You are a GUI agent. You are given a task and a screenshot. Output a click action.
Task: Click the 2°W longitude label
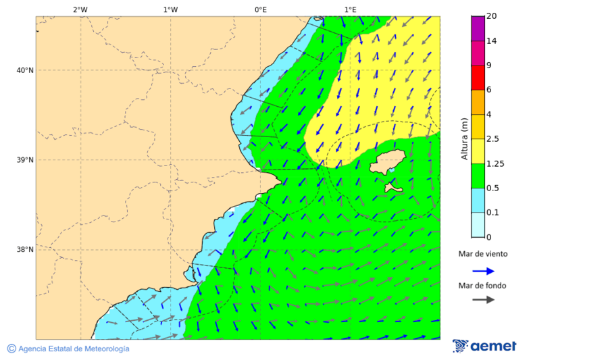click(80, 9)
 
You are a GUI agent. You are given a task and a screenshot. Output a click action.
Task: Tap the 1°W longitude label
click(170, 9)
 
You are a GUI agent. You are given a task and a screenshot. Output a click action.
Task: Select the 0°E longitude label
click(260, 9)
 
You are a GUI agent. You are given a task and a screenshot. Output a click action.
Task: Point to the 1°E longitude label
click(350, 9)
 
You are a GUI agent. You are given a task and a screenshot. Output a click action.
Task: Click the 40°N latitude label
click(24, 70)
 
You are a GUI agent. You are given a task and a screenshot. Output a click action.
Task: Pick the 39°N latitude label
click(24, 160)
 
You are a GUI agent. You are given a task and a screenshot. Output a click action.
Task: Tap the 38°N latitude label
click(24, 250)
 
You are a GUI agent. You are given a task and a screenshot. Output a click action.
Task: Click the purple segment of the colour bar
click(478, 28)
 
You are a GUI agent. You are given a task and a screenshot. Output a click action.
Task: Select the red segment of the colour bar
click(478, 77)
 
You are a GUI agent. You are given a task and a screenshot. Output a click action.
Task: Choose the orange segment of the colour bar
click(478, 102)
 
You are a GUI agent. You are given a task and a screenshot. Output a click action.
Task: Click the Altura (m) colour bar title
click(464, 138)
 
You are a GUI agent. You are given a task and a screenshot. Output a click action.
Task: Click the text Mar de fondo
click(482, 286)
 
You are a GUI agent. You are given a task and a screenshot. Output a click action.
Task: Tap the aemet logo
click(484, 346)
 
